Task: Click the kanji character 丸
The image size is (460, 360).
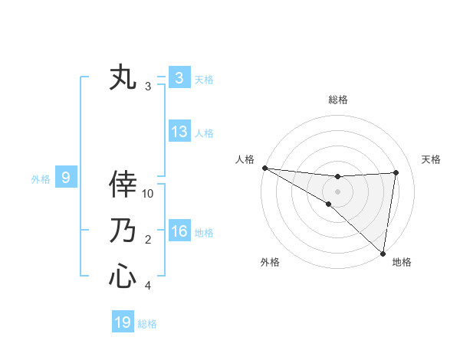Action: [x=123, y=78]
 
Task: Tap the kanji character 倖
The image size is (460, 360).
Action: [x=123, y=185]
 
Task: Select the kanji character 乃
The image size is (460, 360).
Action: [x=123, y=231]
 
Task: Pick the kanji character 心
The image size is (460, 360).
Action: [x=123, y=276]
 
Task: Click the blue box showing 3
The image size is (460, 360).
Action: [x=179, y=78]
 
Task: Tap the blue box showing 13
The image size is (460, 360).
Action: [x=179, y=132]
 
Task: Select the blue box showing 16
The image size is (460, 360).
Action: [x=179, y=231]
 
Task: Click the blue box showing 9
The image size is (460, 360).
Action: [x=66, y=178]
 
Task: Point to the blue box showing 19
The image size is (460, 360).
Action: [x=123, y=322]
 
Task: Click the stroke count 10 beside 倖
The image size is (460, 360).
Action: [x=148, y=194]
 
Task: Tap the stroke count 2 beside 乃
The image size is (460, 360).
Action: [x=148, y=240]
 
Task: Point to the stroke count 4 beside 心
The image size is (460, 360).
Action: [x=148, y=286]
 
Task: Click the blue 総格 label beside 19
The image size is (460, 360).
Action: [x=147, y=324]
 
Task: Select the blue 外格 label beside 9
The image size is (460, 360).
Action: [x=41, y=179]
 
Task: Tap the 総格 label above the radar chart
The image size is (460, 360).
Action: [x=337, y=100]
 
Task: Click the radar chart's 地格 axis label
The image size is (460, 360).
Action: [x=402, y=262]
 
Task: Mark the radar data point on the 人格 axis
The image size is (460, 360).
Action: [x=264, y=168]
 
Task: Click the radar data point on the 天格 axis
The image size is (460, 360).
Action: [x=396, y=172]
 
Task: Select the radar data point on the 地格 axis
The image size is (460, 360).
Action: [x=382, y=253]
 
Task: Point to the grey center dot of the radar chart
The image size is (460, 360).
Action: [x=337, y=191]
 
